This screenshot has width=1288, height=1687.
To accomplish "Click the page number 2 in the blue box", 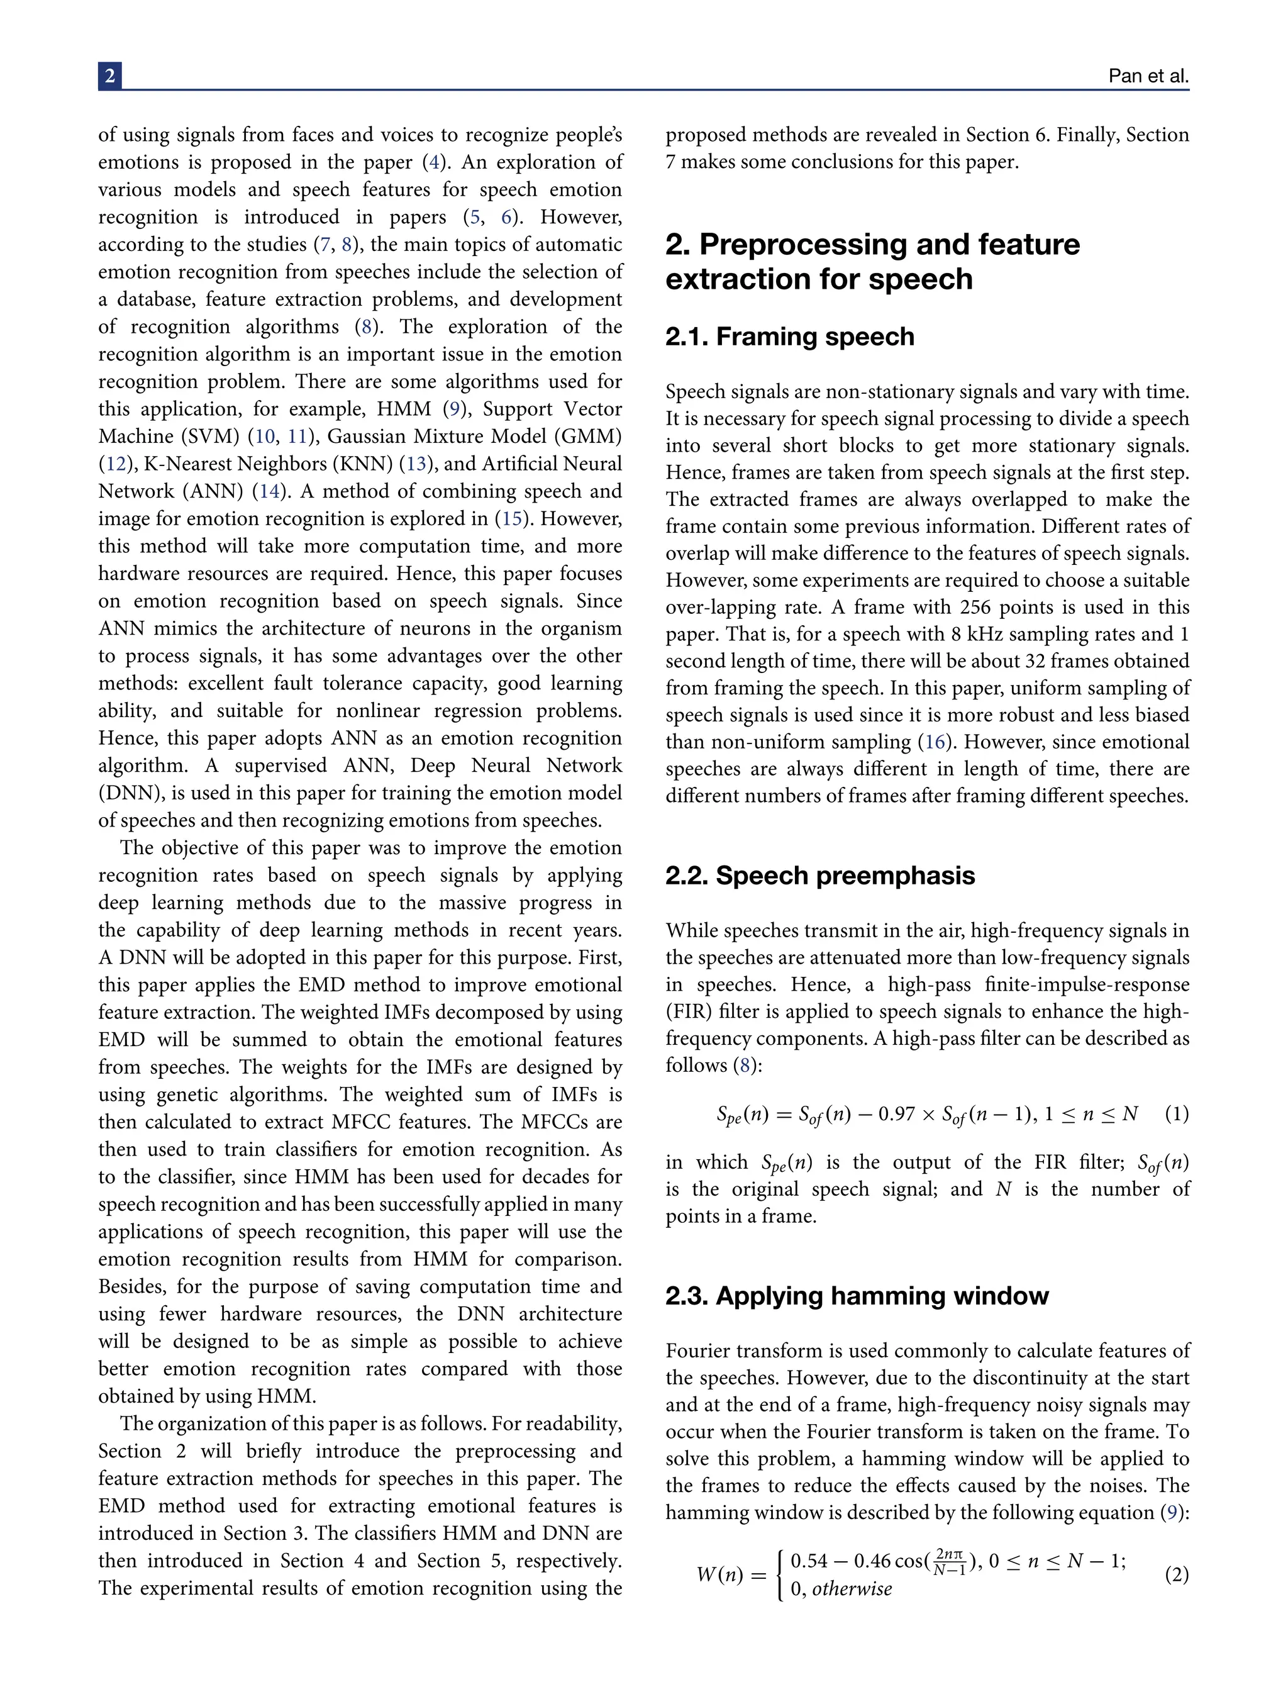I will point(109,76).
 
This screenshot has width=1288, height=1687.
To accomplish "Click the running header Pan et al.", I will point(1148,77).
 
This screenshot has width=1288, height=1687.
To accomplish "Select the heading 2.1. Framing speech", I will point(790,337).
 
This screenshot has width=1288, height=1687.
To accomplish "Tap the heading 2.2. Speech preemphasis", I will point(819,876).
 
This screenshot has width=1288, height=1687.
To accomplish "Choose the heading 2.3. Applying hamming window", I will point(857,1296).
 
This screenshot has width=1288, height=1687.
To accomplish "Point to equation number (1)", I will point(1176,1114).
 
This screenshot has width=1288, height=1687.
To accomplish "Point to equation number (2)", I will point(1176,1575).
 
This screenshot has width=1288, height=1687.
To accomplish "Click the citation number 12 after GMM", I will point(116,464).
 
